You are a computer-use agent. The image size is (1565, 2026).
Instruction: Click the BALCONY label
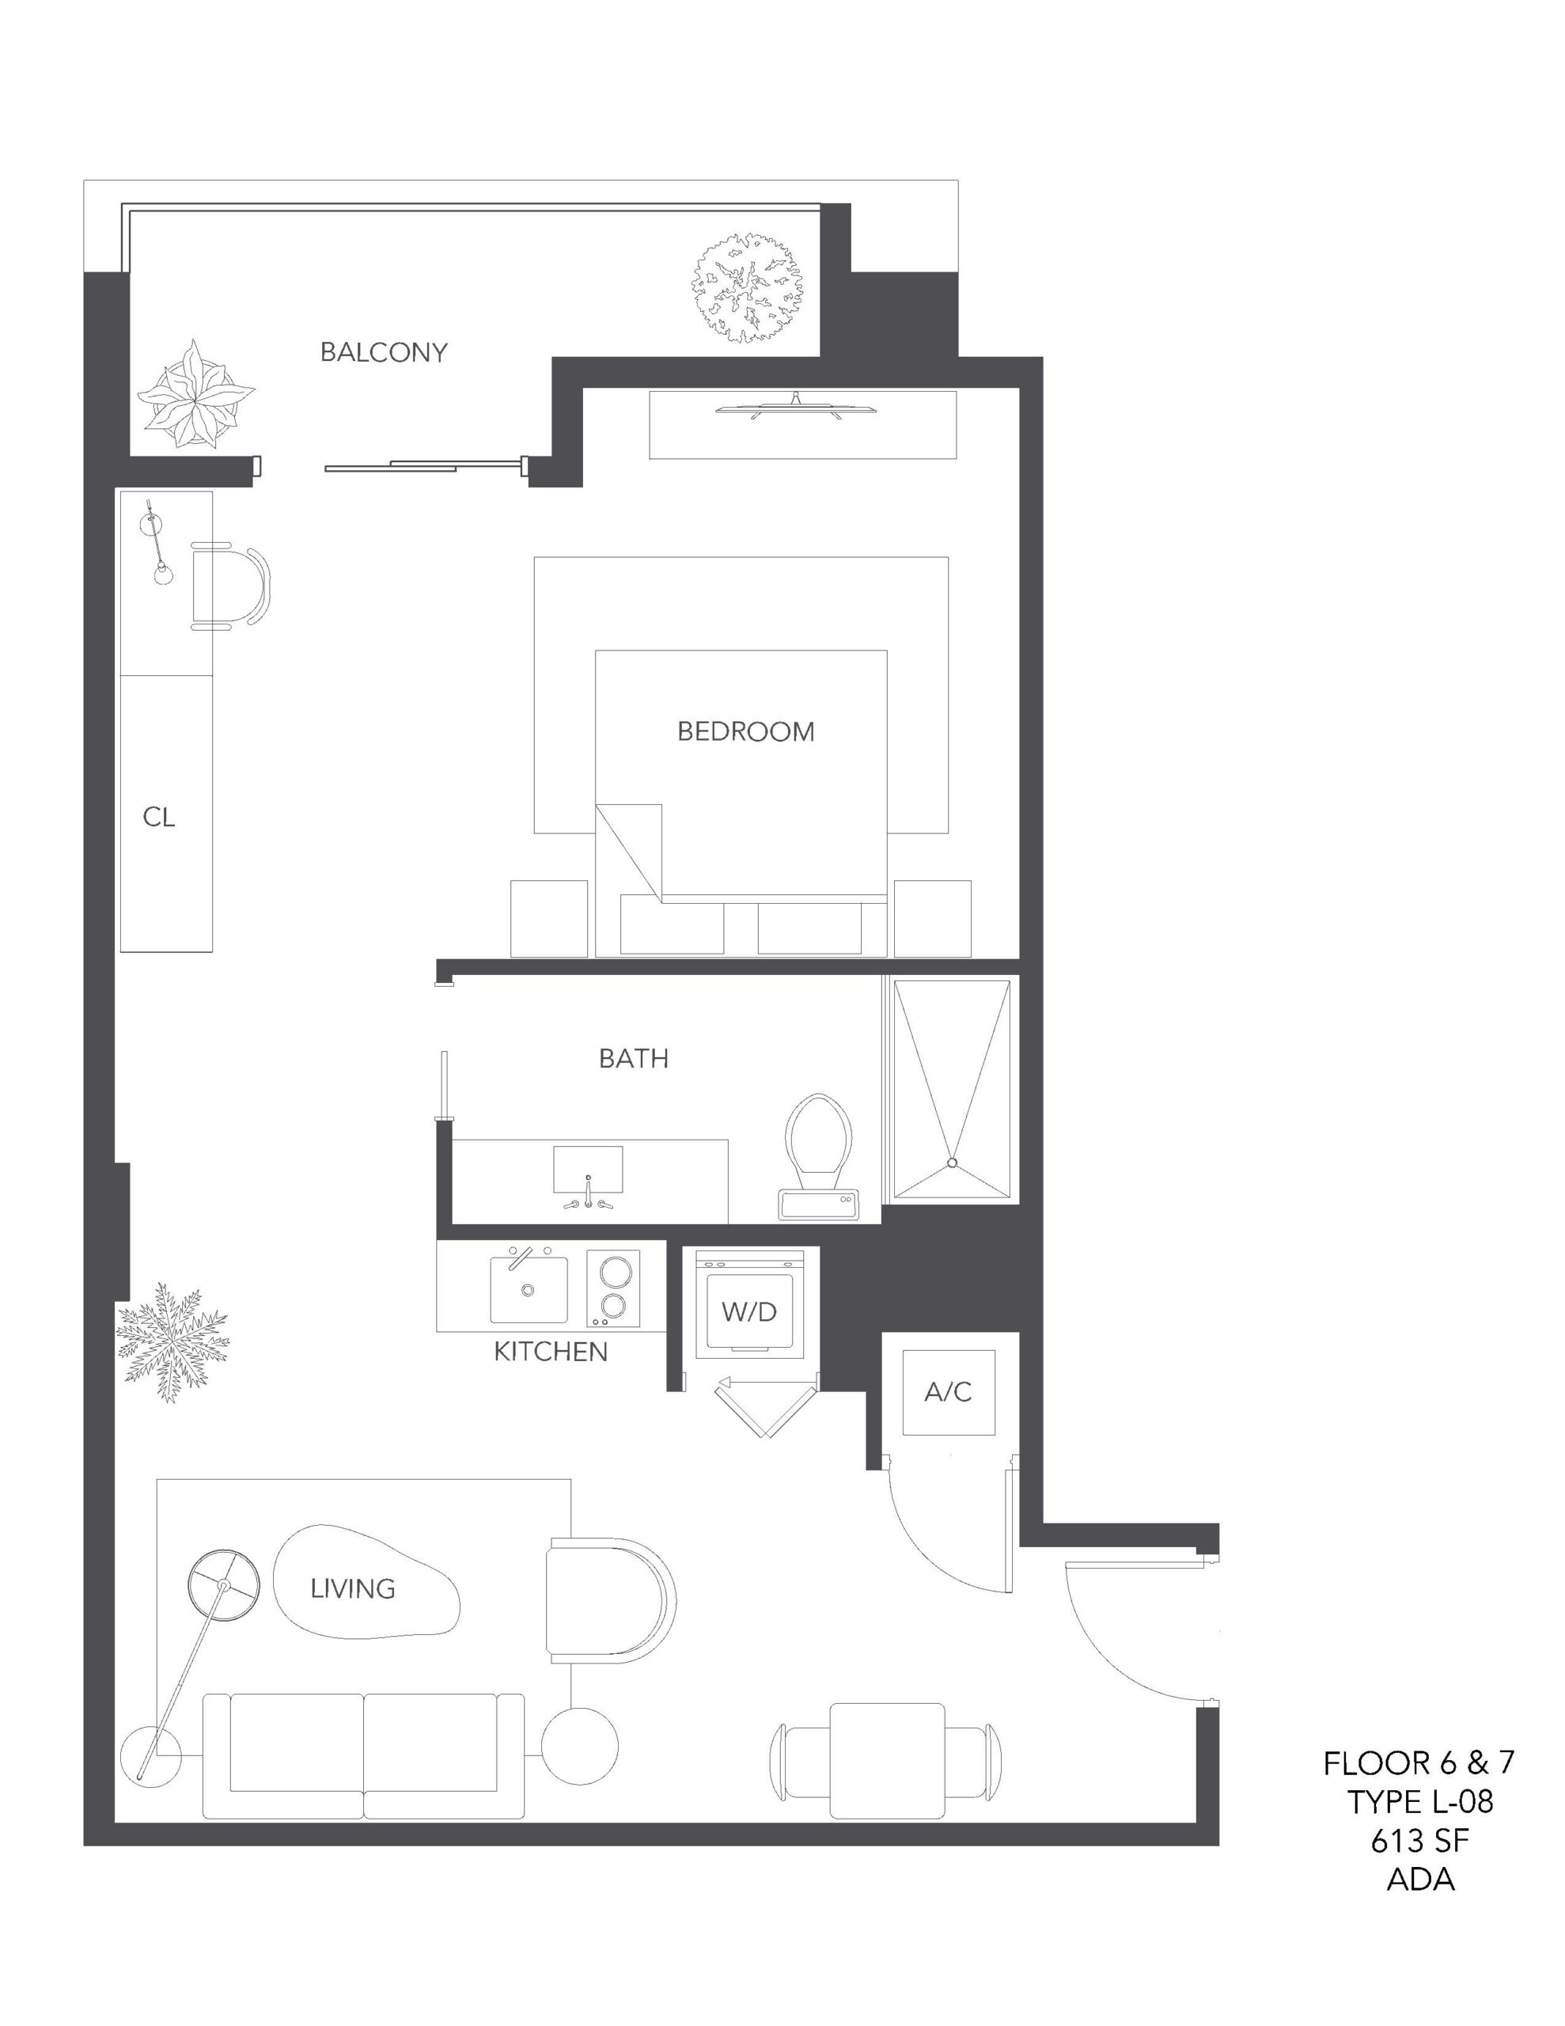click(383, 352)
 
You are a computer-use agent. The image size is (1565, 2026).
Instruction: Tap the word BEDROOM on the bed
click(746, 732)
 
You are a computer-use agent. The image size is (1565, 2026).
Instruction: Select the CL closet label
click(158, 817)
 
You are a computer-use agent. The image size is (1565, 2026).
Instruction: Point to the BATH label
click(634, 1058)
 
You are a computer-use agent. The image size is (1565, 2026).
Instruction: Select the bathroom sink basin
click(588, 1170)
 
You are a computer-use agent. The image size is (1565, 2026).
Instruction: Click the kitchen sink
click(529, 1288)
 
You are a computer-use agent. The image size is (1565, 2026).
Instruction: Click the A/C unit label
click(948, 1391)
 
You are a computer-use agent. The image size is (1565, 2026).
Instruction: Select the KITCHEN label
click(550, 1352)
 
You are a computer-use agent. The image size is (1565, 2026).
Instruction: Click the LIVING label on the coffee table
click(353, 1589)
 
